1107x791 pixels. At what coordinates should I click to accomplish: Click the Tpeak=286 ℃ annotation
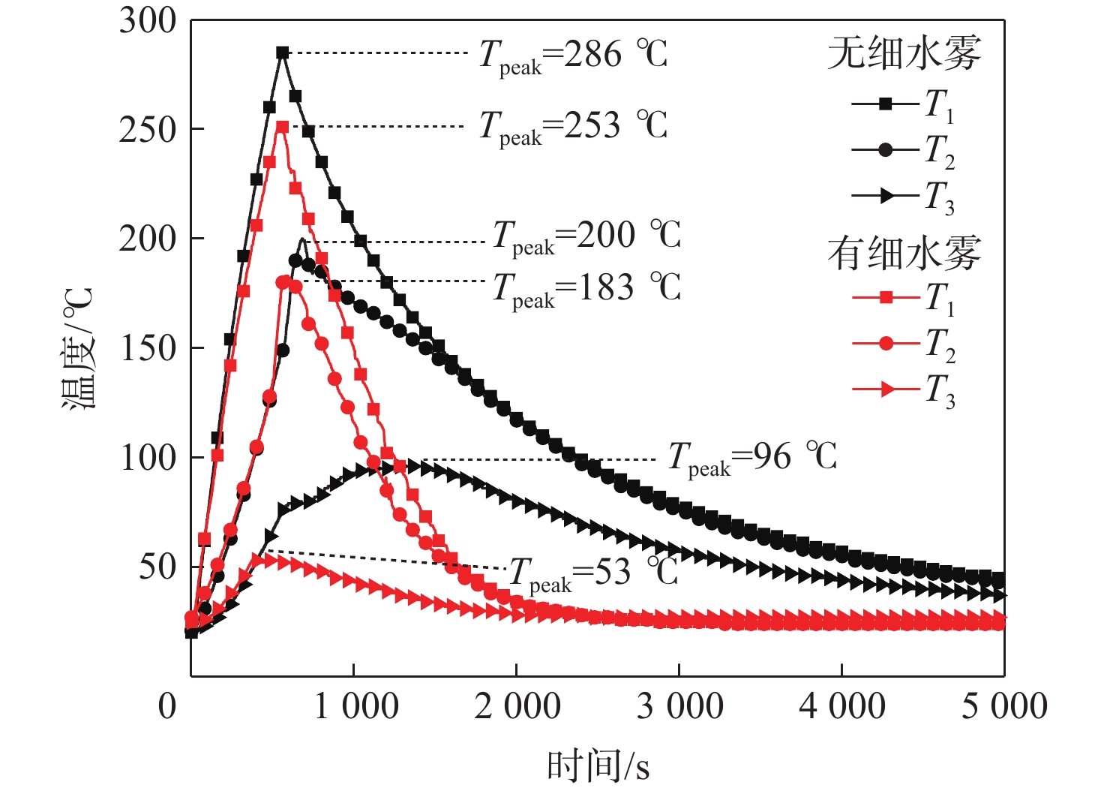click(573, 55)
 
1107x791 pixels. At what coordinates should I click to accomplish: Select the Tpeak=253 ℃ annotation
click(573, 126)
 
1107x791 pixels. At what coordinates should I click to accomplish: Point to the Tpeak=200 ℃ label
click(586, 236)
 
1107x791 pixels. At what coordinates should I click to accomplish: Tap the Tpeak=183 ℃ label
click(586, 288)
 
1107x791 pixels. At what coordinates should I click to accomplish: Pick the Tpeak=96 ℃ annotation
click(752, 457)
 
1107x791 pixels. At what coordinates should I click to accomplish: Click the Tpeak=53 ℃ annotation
click(593, 573)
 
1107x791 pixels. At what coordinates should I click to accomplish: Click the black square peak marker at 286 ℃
click(283, 53)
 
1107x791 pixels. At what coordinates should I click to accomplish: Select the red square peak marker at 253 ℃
click(282, 128)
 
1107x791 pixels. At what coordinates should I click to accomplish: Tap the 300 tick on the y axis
click(147, 21)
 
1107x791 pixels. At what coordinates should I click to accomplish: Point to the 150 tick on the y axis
click(147, 348)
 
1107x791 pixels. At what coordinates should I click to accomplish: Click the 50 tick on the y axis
click(157, 567)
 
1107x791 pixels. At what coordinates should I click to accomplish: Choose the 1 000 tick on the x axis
click(355, 707)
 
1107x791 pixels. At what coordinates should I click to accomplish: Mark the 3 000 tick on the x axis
click(679, 707)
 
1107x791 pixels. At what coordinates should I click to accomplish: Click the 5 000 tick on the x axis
click(1003, 707)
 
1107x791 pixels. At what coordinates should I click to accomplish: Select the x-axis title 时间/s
click(598, 766)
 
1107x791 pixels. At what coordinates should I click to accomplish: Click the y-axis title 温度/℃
click(78, 348)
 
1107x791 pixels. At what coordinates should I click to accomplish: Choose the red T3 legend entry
click(903, 389)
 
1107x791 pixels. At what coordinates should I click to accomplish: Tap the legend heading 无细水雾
click(904, 54)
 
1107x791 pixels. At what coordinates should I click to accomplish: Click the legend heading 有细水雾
click(904, 253)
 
